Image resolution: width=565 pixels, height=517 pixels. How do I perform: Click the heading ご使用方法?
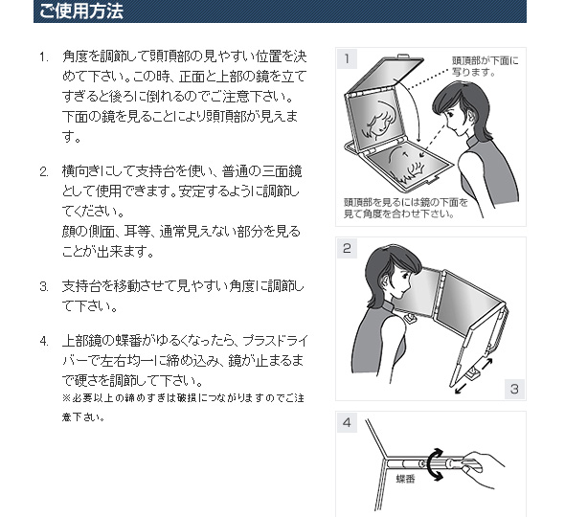click(x=81, y=11)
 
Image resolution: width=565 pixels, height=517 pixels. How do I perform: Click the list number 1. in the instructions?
click(x=44, y=56)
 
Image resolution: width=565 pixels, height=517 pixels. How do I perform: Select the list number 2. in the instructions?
click(x=44, y=171)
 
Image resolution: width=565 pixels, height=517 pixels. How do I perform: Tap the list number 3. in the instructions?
click(x=44, y=287)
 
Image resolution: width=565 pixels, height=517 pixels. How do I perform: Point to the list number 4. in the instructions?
click(x=44, y=341)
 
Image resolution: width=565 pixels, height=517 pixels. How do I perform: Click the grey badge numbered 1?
click(x=347, y=58)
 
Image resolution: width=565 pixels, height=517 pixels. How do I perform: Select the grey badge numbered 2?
click(x=347, y=249)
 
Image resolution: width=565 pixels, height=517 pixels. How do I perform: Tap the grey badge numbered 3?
click(x=514, y=389)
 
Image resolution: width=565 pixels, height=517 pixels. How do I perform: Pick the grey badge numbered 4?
click(x=347, y=422)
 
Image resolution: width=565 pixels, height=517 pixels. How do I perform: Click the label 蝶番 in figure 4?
click(x=406, y=479)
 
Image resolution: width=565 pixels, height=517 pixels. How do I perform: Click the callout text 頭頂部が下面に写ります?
click(x=486, y=66)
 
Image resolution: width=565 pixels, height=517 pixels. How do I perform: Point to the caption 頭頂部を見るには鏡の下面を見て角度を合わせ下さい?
click(x=406, y=209)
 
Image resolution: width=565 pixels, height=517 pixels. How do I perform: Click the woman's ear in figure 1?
click(x=473, y=115)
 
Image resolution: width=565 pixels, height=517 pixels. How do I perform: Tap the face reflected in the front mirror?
click(x=377, y=122)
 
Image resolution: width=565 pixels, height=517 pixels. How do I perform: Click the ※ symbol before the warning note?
click(x=67, y=398)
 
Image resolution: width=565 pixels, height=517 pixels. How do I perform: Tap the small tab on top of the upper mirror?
click(x=405, y=56)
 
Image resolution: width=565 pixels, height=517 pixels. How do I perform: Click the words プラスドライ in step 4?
click(x=275, y=341)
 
